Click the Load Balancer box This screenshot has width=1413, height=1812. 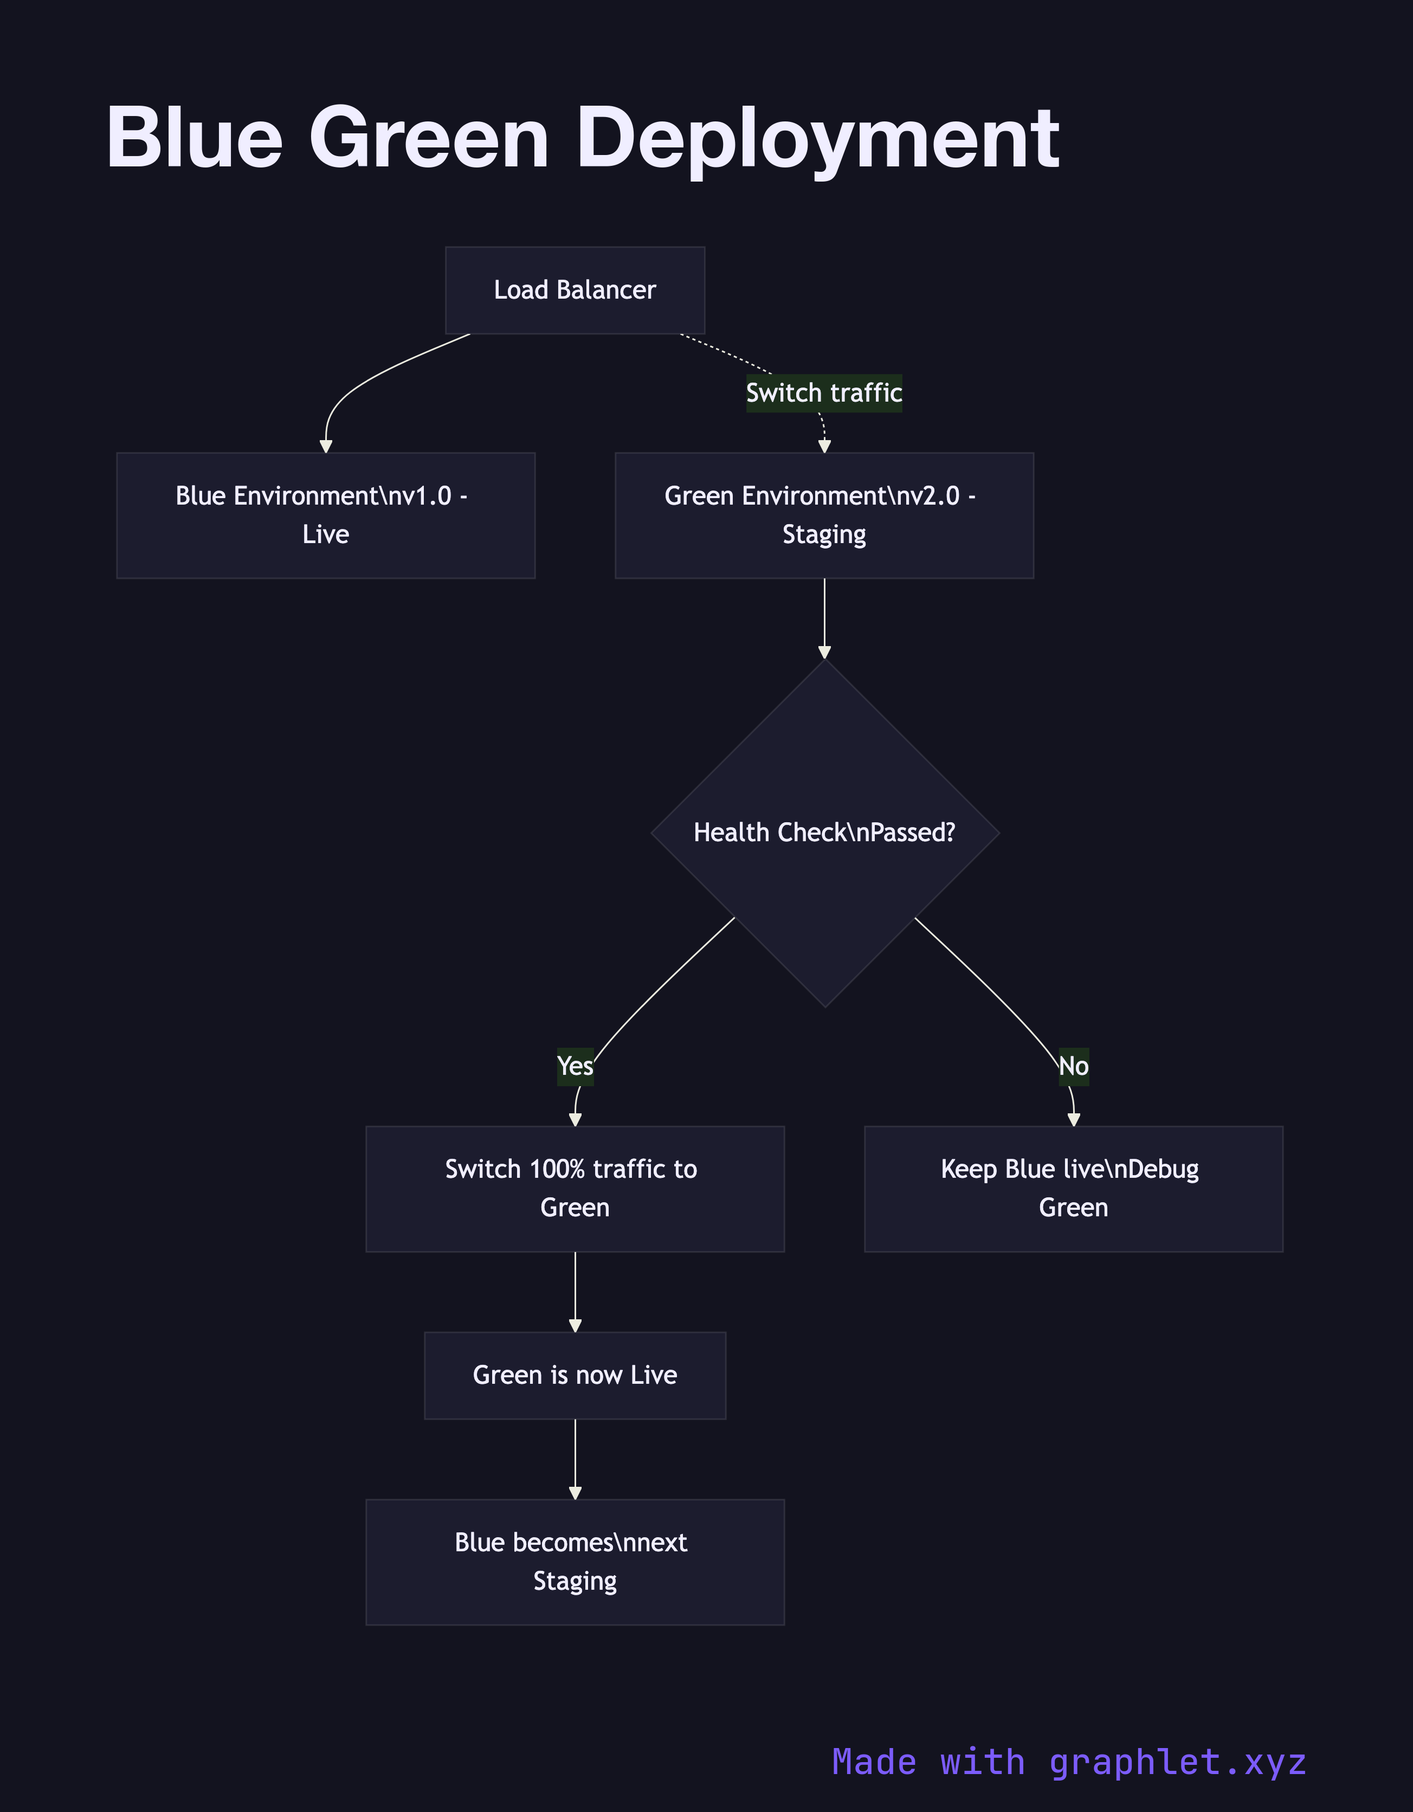coord(575,291)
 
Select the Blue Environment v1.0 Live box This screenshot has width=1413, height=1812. coord(325,515)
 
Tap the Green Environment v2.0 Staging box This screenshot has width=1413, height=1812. coord(824,515)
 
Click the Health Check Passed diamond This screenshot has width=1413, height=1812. coord(825,833)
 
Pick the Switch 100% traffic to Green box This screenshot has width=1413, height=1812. coord(575,1188)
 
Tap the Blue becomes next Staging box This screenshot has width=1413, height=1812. coord(575,1562)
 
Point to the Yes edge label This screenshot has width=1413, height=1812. coord(575,1066)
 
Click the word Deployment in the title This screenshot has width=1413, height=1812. coord(818,139)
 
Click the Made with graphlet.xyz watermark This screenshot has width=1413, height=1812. coord(1069,1762)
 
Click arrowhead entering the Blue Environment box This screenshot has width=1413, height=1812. coord(326,447)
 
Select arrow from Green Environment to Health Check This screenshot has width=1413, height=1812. coord(824,618)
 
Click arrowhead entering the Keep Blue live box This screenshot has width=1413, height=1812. coord(1074,1120)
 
